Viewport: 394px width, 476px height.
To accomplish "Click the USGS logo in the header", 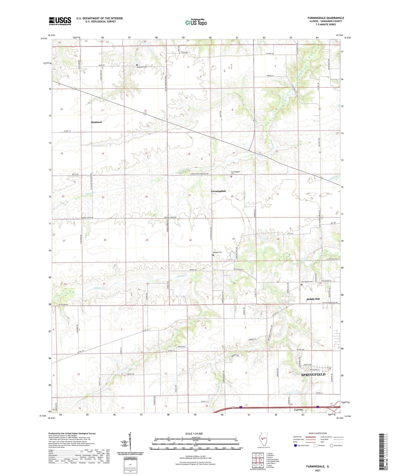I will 60,21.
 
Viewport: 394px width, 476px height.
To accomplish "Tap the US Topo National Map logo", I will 196,22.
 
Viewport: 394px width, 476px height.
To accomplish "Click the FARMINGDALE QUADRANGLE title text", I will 326,18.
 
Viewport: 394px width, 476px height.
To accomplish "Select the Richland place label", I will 96,122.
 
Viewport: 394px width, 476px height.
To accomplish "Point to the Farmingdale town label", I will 218,191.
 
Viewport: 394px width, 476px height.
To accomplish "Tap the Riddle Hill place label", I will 313,299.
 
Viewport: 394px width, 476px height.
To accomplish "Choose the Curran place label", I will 298,410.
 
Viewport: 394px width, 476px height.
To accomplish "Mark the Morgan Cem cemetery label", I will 217,252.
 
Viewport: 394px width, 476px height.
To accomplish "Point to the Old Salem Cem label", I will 307,282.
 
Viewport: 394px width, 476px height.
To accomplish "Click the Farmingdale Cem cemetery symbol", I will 231,177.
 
